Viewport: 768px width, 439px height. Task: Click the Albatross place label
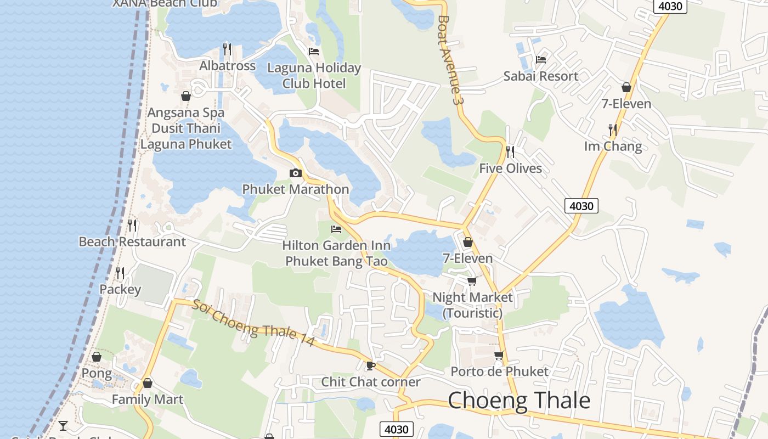tap(227, 66)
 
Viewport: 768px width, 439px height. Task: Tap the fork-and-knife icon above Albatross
tap(227, 49)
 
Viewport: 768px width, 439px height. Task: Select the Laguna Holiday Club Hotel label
tap(314, 76)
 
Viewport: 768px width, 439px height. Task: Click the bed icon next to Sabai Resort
tap(541, 59)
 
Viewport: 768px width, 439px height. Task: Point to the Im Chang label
tap(613, 146)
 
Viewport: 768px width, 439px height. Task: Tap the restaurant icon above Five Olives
tap(510, 151)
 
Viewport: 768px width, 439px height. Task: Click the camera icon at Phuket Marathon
tap(296, 173)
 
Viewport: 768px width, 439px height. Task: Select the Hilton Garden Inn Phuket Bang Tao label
tap(336, 253)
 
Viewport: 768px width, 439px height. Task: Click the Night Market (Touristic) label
tap(472, 305)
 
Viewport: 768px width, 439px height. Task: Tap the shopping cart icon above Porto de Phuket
tap(499, 355)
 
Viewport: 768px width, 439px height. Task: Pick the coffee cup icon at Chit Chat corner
tap(371, 365)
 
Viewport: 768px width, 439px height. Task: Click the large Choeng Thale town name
tap(519, 401)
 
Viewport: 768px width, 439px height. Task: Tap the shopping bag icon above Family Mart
tap(147, 383)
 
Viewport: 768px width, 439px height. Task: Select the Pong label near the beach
tap(97, 374)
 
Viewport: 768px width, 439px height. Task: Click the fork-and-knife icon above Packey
tap(120, 273)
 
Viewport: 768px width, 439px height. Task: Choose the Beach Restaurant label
tap(132, 241)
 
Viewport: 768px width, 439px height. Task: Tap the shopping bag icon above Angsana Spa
tap(186, 96)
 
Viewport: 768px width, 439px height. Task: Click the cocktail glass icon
tap(63, 425)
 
